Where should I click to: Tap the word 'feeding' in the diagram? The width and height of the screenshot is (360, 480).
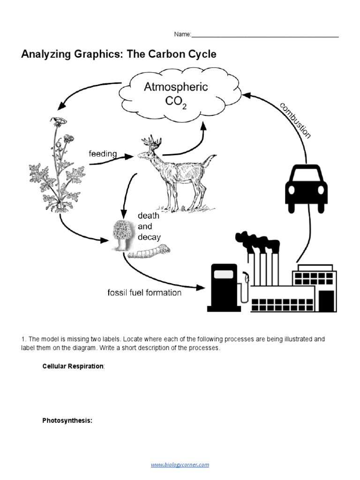point(103,154)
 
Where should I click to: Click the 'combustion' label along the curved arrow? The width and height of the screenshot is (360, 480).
point(295,120)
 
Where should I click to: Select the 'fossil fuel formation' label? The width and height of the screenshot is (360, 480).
point(144,292)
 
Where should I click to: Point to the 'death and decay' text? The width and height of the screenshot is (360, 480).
point(148,226)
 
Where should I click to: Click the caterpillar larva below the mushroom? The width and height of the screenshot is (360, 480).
point(149,252)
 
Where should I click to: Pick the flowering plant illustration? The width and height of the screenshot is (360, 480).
point(57,169)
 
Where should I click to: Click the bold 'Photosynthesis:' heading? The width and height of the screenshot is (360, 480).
point(67,420)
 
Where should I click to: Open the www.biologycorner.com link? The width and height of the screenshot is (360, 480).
point(180,465)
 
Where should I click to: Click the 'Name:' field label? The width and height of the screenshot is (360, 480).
point(183,34)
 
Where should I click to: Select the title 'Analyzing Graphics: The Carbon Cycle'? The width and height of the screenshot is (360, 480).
point(119,54)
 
